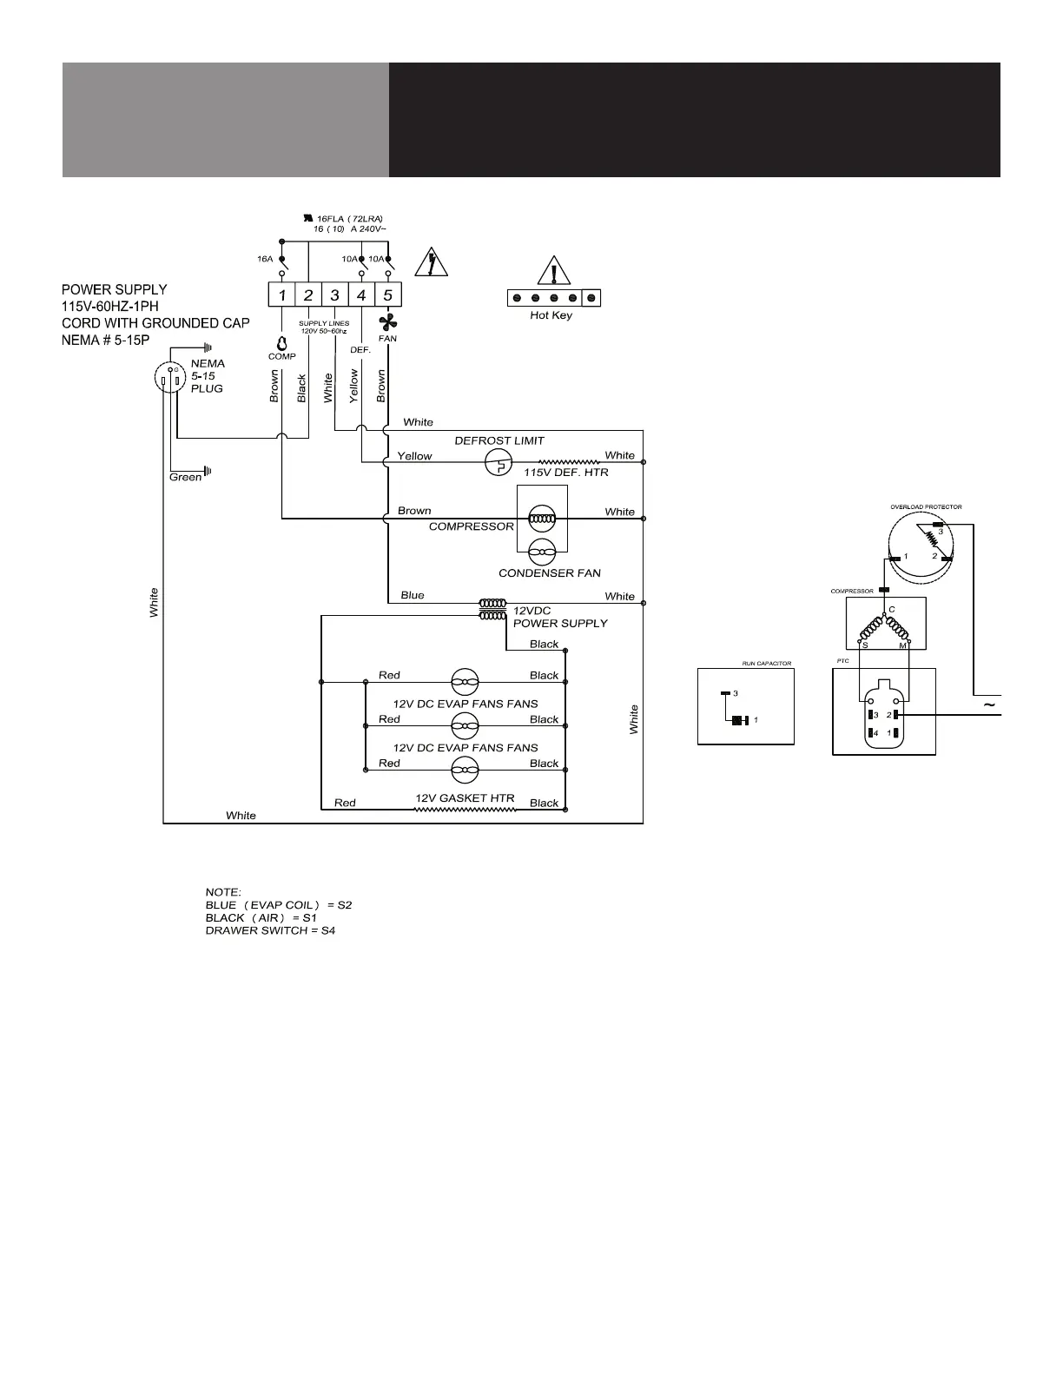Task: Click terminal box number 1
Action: [281, 295]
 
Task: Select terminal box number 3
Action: [335, 295]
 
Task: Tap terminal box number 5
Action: [388, 295]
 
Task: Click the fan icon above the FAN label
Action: [387, 322]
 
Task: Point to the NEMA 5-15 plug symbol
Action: [170, 378]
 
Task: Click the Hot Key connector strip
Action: [554, 298]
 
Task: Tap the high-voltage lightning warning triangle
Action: [431, 262]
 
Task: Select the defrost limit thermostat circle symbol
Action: [498, 462]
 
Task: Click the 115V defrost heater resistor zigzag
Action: [569, 462]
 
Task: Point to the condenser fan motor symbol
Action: [542, 552]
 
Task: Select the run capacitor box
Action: [746, 707]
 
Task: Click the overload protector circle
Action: [920, 544]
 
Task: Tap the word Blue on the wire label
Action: [413, 595]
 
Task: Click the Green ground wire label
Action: [186, 477]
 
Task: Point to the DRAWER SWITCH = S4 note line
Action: [270, 930]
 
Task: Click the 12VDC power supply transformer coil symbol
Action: [492, 609]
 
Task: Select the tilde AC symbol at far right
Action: [989, 705]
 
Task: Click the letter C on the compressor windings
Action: [891, 609]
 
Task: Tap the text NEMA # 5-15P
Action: [106, 340]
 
